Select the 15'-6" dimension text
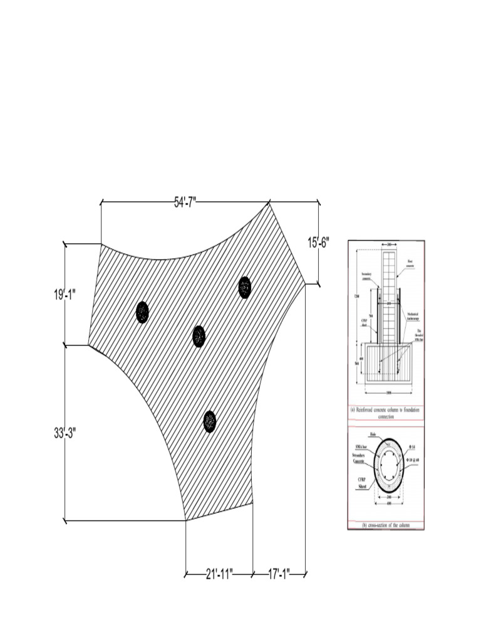(x=318, y=242)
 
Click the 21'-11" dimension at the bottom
(x=219, y=573)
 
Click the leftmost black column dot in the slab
(x=143, y=312)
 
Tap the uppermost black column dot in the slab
(x=244, y=287)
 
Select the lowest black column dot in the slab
(x=209, y=421)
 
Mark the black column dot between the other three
(x=199, y=336)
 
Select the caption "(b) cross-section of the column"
(x=385, y=525)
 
